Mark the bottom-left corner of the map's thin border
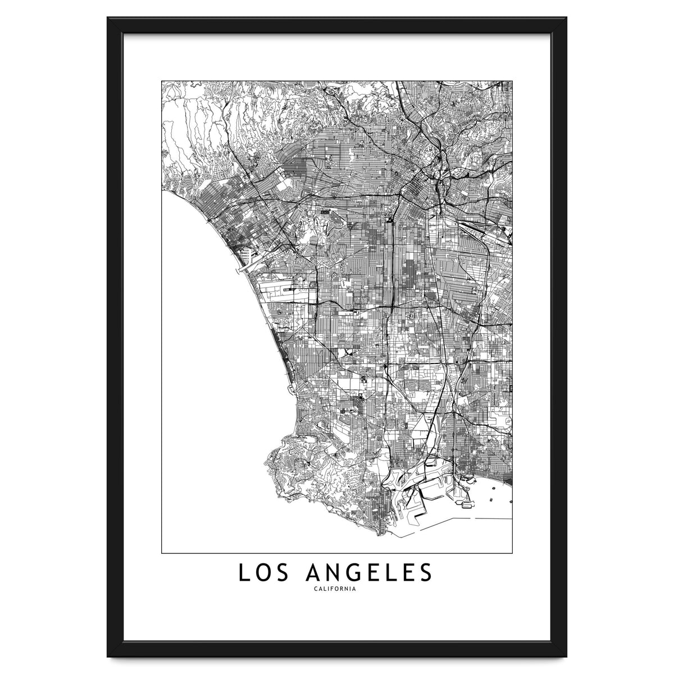point(162,553)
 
